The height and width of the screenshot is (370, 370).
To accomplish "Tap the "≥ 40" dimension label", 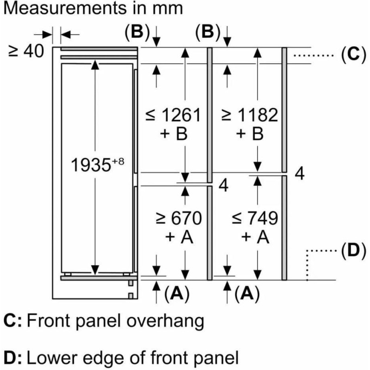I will pyautogui.click(x=26, y=51).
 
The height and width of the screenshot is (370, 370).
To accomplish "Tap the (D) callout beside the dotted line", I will pyautogui.click(x=350, y=252).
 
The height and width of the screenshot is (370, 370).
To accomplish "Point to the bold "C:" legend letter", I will pyautogui.click(x=13, y=321).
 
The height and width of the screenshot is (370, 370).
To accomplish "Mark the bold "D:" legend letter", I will pyautogui.click(x=13, y=357).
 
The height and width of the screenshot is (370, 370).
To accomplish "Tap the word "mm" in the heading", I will pyautogui.click(x=166, y=9).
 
